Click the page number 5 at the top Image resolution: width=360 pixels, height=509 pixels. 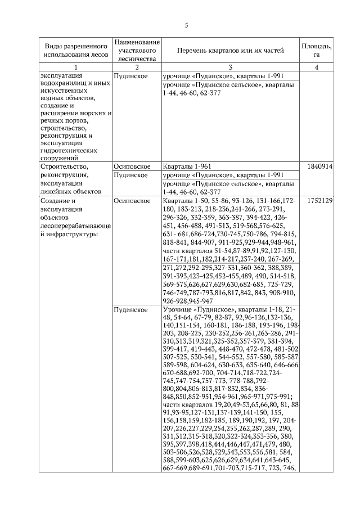186,25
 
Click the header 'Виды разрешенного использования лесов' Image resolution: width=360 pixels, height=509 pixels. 75,51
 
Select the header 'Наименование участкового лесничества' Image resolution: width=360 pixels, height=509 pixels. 137,50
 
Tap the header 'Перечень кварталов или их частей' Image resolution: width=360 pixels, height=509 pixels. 229,51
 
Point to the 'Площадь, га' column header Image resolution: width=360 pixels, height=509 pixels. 317,51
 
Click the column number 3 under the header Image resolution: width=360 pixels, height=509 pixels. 229,67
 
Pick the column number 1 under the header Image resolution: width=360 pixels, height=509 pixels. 75,67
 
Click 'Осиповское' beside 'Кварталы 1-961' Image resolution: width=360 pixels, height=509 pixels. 131,167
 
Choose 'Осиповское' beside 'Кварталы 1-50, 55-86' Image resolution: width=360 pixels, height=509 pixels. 131,201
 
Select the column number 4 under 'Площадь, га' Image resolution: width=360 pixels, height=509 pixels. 317,67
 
